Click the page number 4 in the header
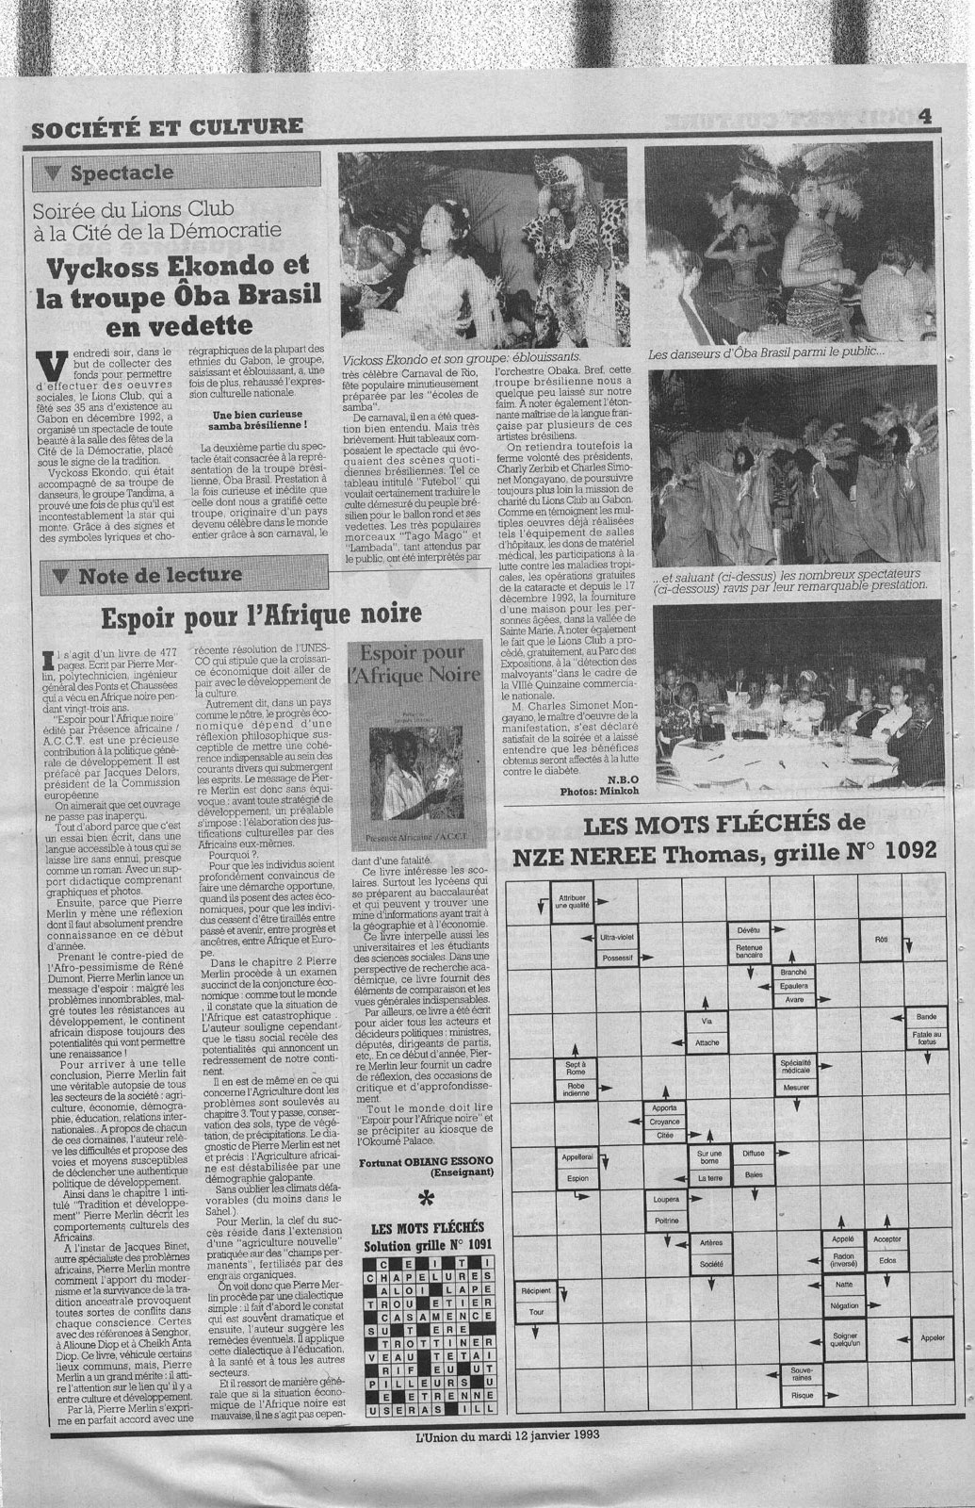coord(925,116)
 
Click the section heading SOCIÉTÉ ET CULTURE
coord(167,125)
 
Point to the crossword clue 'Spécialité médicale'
coord(796,1066)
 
